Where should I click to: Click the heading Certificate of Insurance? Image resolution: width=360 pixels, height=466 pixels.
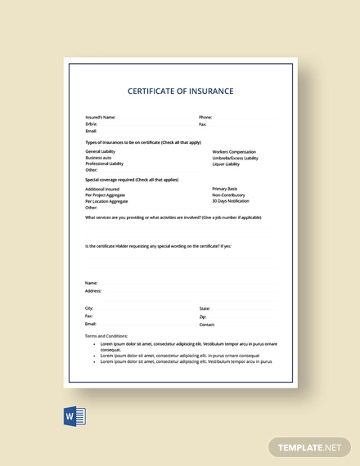tap(181, 92)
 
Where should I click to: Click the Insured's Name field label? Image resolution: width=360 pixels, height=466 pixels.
tap(100, 117)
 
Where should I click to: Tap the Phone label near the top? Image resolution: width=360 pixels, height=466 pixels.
tap(205, 117)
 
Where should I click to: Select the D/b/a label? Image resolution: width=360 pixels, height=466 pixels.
tap(91, 124)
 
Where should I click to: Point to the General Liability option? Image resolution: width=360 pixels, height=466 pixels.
tap(101, 151)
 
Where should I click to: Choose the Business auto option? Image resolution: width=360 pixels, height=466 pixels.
tap(98, 158)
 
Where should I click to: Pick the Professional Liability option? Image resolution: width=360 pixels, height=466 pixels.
tap(104, 164)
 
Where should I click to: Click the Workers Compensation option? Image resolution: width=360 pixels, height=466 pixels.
tap(234, 151)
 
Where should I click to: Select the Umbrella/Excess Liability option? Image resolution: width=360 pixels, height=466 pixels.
tap(236, 158)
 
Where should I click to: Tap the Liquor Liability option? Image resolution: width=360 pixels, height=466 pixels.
tap(227, 164)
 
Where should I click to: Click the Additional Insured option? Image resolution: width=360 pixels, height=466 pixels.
tap(101, 189)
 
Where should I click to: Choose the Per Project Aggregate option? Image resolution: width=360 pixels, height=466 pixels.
tap(106, 195)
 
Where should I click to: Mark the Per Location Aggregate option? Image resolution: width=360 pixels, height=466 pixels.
tap(106, 201)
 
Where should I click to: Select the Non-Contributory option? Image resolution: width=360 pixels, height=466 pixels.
tap(228, 195)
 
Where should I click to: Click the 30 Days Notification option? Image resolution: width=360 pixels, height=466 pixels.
tap(231, 201)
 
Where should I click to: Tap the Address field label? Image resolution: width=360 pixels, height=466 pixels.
tap(93, 290)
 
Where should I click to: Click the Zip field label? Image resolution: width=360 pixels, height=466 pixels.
tap(203, 316)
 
